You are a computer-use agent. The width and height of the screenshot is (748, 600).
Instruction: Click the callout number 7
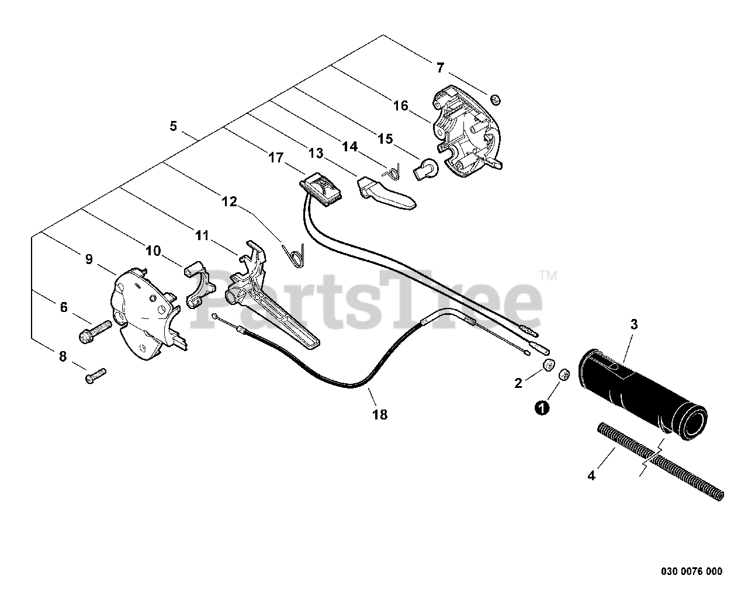pyautogui.click(x=440, y=68)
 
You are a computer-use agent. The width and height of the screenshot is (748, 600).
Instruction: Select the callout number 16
pyautogui.click(x=400, y=106)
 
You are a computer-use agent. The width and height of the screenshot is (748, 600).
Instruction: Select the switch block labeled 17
pyautogui.click(x=322, y=189)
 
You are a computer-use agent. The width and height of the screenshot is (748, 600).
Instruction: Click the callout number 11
pyautogui.click(x=202, y=235)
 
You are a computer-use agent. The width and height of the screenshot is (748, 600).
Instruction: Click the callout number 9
pyautogui.click(x=89, y=259)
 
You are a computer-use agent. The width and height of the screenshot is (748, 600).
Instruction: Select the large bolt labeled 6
pyautogui.click(x=95, y=332)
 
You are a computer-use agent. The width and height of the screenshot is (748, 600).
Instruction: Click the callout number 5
pyautogui.click(x=173, y=126)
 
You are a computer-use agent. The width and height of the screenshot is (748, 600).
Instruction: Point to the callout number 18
pyautogui.click(x=380, y=415)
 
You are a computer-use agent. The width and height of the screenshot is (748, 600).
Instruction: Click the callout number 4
pyautogui.click(x=591, y=476)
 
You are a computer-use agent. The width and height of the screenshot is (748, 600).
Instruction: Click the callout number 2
pyautogui.click(x=518, y=383)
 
